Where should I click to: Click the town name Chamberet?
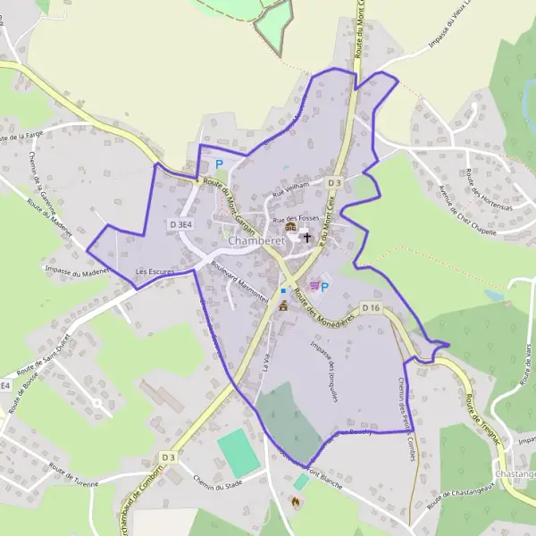click(x=255, y=241)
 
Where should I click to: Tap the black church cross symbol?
click(x=306, y=237)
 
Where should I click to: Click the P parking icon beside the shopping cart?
click(x=324, y=287)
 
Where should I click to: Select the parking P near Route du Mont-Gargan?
click(x=219, y=164)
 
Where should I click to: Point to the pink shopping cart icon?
click(x=313, y=286)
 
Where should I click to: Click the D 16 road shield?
click(x=372, y=308)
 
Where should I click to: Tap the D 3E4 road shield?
click(x=180, y=225)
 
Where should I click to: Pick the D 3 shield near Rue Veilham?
click(x=334, y=183)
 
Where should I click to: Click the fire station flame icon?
click(x=295, y=502)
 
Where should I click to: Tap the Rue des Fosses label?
click(x=295, y=218)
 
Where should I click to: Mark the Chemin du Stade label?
click(x=218, y=483)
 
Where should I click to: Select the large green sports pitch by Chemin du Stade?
click(x=238, y=453)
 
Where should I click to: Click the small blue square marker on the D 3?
click(x=283, y=290)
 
